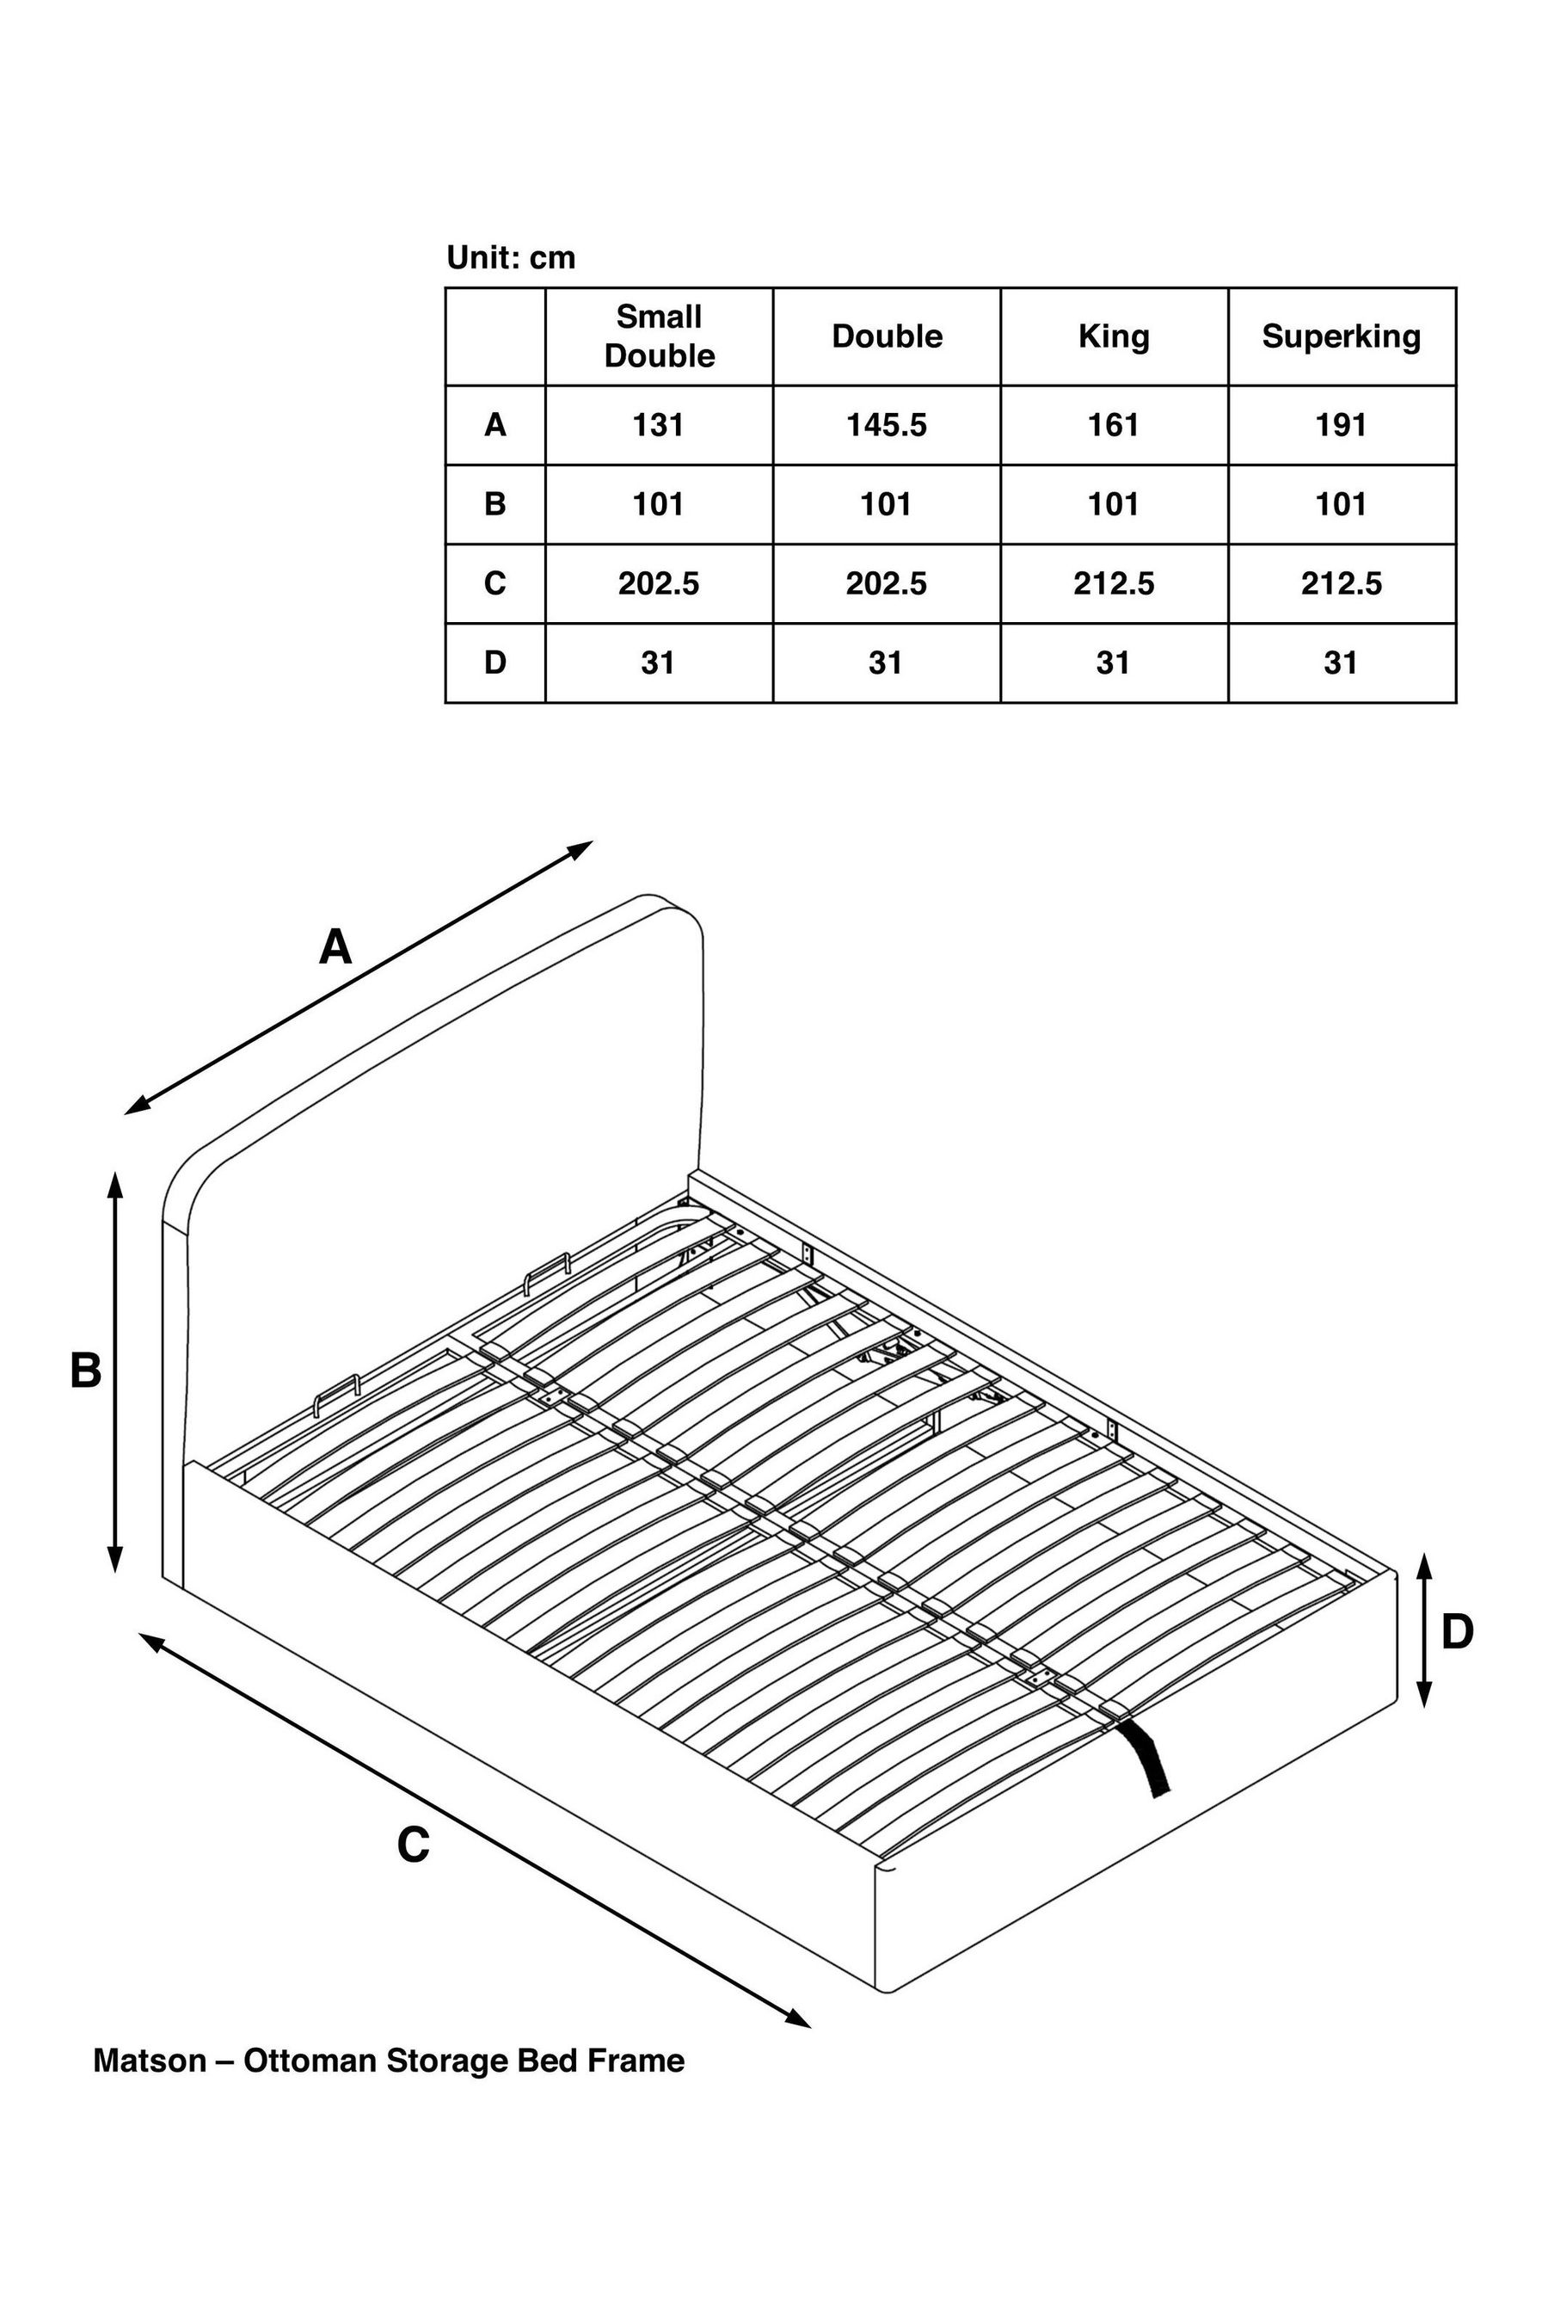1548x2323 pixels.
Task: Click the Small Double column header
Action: click(659, 336)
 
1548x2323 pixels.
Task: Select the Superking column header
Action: click(1341, 336)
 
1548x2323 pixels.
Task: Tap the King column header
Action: click(1114, 336)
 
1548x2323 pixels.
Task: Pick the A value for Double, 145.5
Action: click(886, 425)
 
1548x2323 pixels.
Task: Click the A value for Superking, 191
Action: click(1341, 425)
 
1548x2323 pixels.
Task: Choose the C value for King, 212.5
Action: click(1114, 583)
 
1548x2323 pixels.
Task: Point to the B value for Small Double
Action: click(659, 505)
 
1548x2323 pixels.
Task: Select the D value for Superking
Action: click(1341, 662)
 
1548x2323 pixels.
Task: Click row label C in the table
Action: click(494, 583)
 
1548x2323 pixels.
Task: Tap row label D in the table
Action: click(494, 662)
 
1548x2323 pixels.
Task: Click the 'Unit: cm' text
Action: click(510, 258)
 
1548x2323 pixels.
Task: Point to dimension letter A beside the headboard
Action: click(335, 947)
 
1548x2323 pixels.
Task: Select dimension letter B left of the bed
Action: click(86, 1371)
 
